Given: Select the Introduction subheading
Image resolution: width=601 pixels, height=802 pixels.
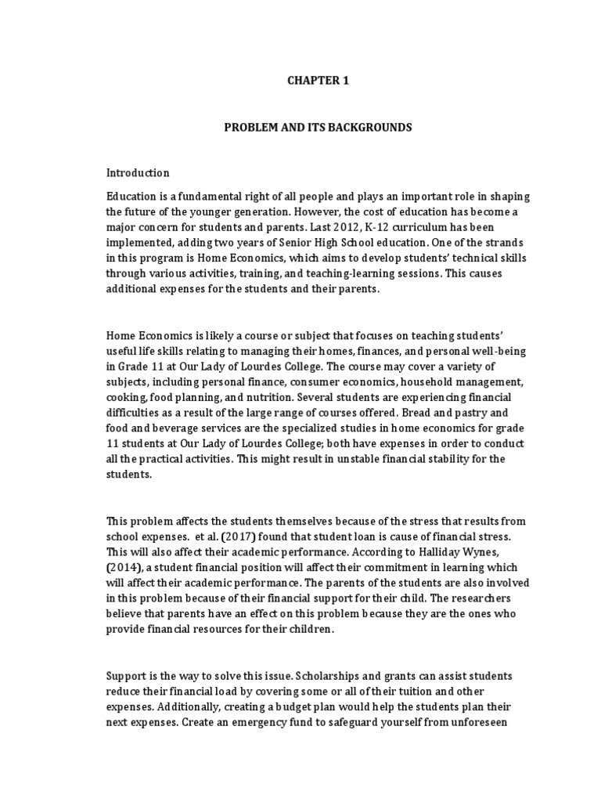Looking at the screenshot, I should click(138, 172).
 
